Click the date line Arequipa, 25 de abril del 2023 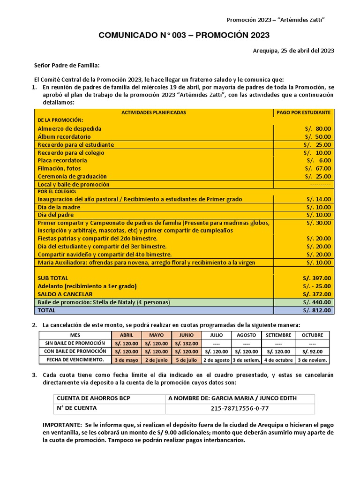point(293,51)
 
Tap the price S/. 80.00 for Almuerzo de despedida point(317,128)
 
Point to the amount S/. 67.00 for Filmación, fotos point(317,168)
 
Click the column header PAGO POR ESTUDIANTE point(303,112)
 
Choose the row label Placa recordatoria point(62,160)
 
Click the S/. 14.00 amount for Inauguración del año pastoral point(317,199)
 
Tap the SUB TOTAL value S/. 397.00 point(316,278)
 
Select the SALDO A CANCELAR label point(64,294)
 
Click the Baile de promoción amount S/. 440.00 point(316,302)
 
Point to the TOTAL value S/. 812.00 point(316,310)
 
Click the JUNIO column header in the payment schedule point(187,336)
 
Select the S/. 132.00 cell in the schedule point(187,344)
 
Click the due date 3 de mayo point(127,360)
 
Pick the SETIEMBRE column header point(278,336)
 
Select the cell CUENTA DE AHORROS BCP point(93,398)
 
